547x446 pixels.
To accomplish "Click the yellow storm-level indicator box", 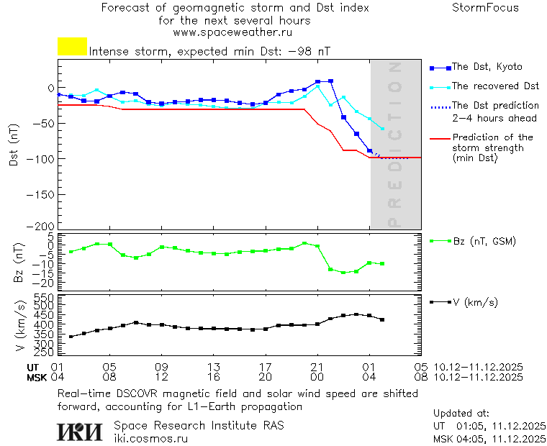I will (72, 47).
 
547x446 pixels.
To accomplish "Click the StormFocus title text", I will (485, 8).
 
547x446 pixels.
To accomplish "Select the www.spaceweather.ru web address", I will (232, 32).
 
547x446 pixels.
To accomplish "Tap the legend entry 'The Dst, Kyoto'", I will (487, 67).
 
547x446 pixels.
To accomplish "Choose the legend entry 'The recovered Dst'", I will (495, 86).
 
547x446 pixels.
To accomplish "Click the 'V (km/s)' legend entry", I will (474, 302).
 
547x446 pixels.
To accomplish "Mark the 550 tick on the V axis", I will (45, 297).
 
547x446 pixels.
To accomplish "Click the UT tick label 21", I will (317, 366).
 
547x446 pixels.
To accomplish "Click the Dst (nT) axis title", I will (14, 145).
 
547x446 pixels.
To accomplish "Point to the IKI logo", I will (81, 431).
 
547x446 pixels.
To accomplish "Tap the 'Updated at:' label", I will (461, 414).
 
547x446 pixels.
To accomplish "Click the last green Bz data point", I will (382, 264).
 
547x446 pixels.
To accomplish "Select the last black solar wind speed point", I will (382, 319).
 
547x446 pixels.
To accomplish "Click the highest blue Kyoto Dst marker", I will (330, 81).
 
